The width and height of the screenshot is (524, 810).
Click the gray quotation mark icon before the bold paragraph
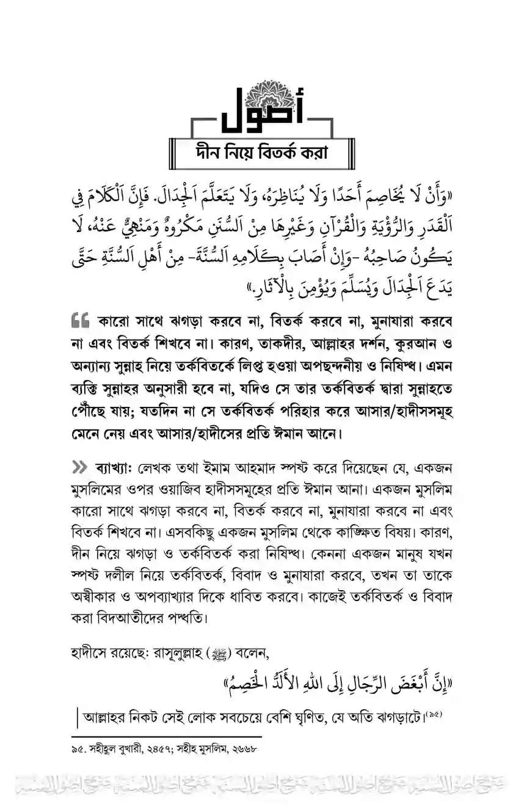pyautogui.click(x=81, y=321)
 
